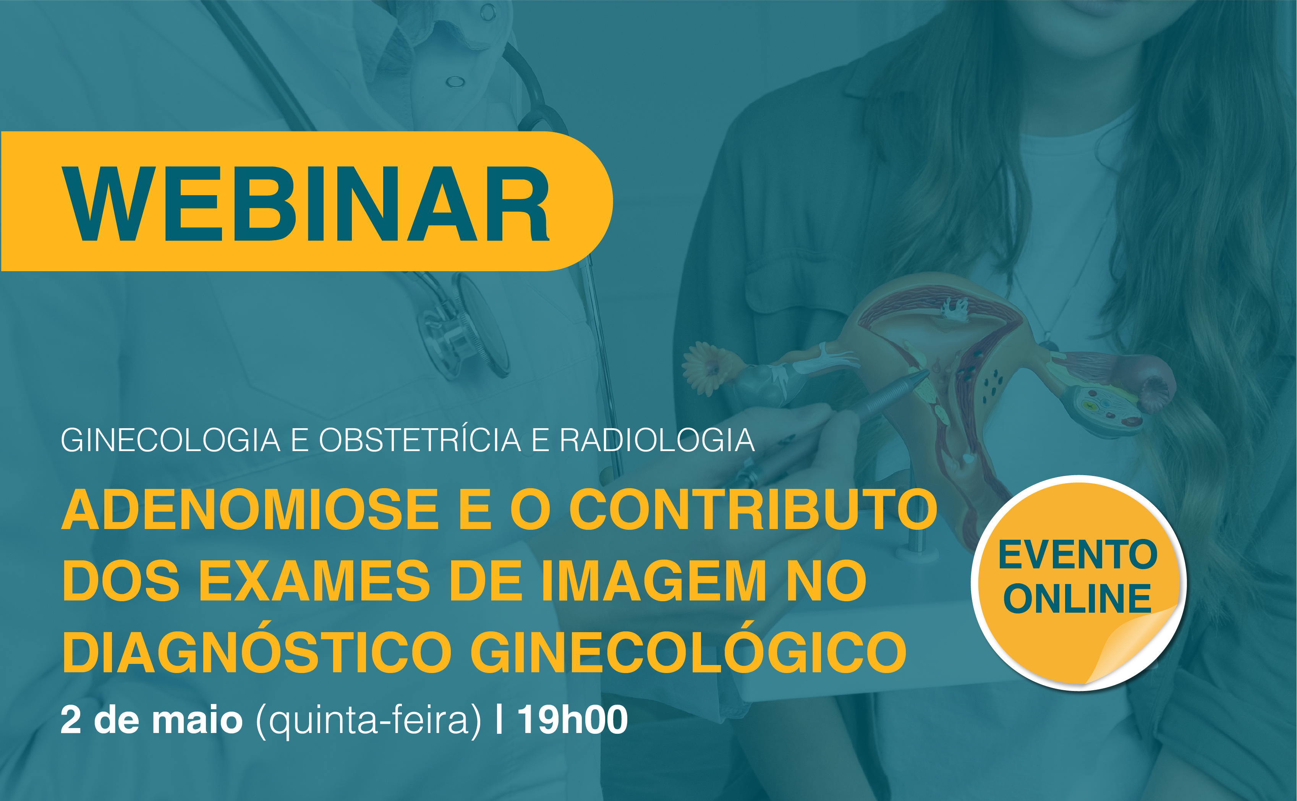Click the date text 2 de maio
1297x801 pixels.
tap(152, 720)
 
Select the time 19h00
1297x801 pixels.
tap(572, 720)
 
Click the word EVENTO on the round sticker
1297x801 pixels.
tap(1078, 555)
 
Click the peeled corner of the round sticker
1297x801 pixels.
tap(1129, 646)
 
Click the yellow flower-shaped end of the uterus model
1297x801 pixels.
tap(707, 368)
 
